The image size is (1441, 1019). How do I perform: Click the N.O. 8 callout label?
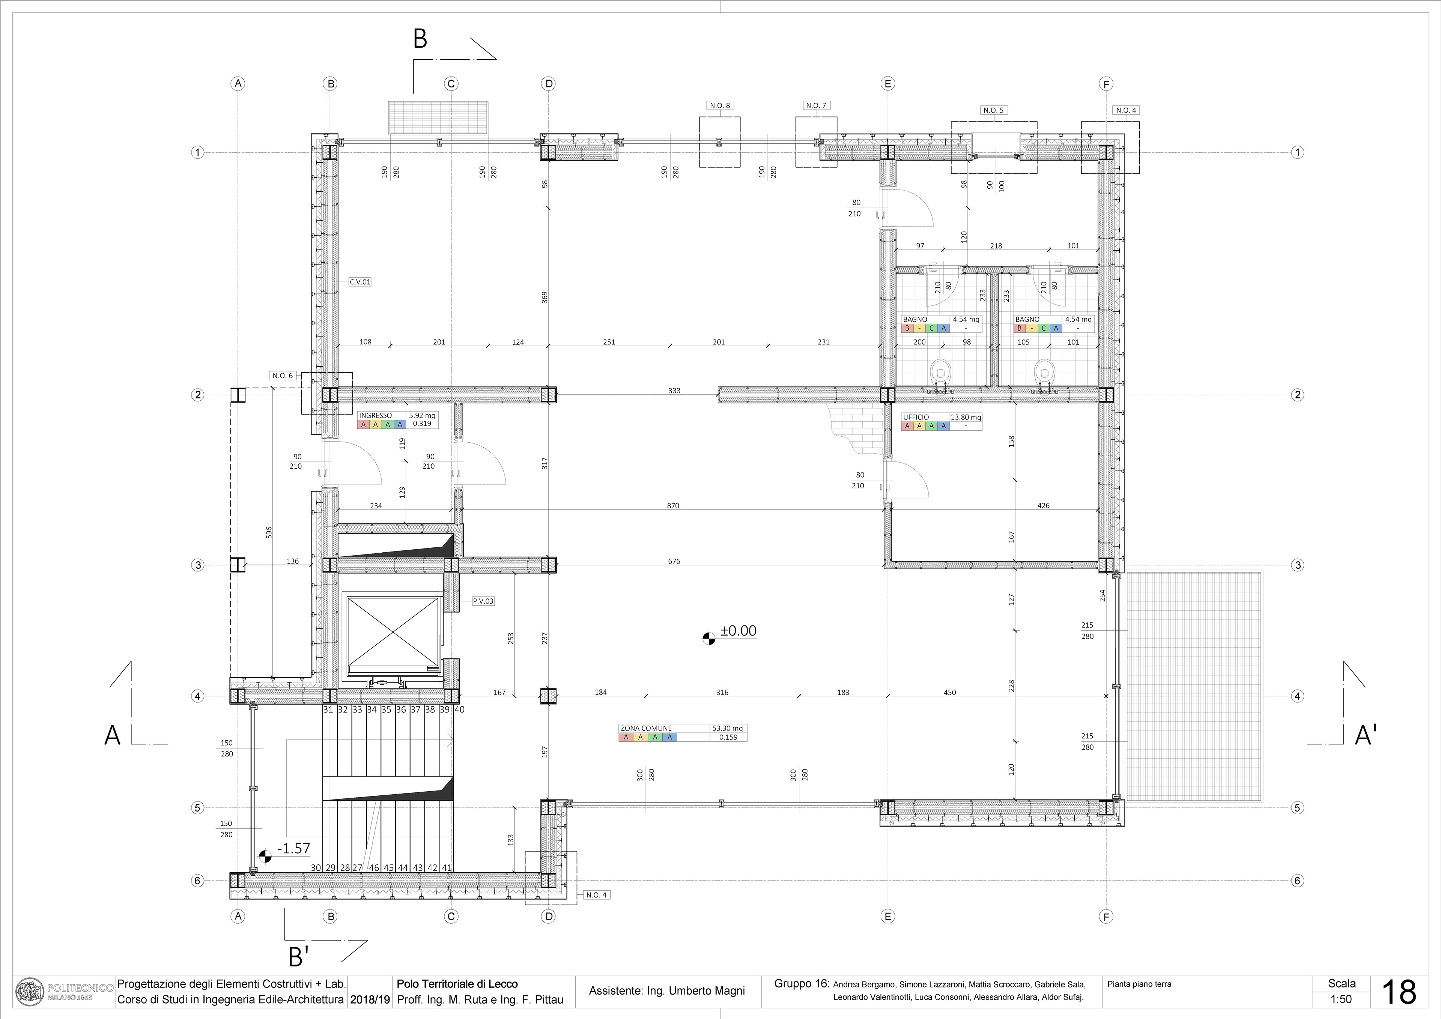tap(720, 105)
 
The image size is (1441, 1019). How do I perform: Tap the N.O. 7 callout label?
tap(816, 105)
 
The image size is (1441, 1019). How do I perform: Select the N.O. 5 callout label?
tap(994, 110)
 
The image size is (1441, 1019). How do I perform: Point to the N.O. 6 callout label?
tap(283, 376)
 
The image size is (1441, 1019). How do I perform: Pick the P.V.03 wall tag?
tap(483, 601)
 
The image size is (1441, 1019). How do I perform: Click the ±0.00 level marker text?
tap(739, 631)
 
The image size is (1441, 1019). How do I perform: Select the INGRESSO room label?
tap(375, 415)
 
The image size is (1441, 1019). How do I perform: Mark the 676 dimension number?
tap(674, 562)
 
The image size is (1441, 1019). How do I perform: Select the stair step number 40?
tap(459, 710)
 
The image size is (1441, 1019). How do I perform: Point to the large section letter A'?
tap(1366, 735)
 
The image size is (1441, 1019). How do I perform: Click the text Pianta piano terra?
tap(1139, 984)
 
